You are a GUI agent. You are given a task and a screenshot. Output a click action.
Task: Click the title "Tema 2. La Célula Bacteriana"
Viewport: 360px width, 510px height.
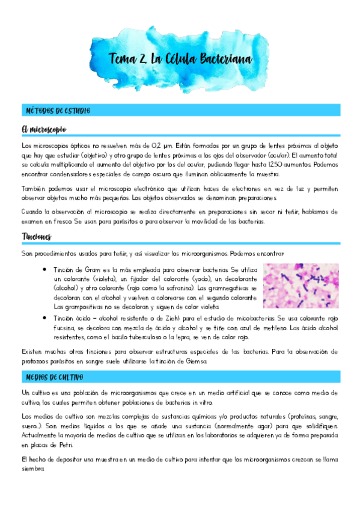coord(180,59)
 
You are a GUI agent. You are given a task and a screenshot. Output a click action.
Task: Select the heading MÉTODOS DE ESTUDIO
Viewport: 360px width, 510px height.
coord(58,111)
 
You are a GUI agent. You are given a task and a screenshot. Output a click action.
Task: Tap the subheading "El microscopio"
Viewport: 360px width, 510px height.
coord(43,129)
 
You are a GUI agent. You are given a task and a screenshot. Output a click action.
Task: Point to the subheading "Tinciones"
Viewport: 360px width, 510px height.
coord(37,236)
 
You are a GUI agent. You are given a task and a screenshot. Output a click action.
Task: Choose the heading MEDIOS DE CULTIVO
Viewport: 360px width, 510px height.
coord(55,377)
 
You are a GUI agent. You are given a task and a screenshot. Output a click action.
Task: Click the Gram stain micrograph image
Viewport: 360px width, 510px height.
coord(301,286)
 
